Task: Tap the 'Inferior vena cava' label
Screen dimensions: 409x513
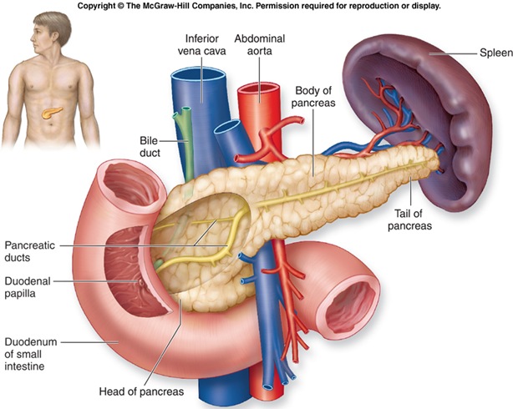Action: click(x=201, y=45)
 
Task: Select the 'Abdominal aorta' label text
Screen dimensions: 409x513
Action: click(x=258, y=45)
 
